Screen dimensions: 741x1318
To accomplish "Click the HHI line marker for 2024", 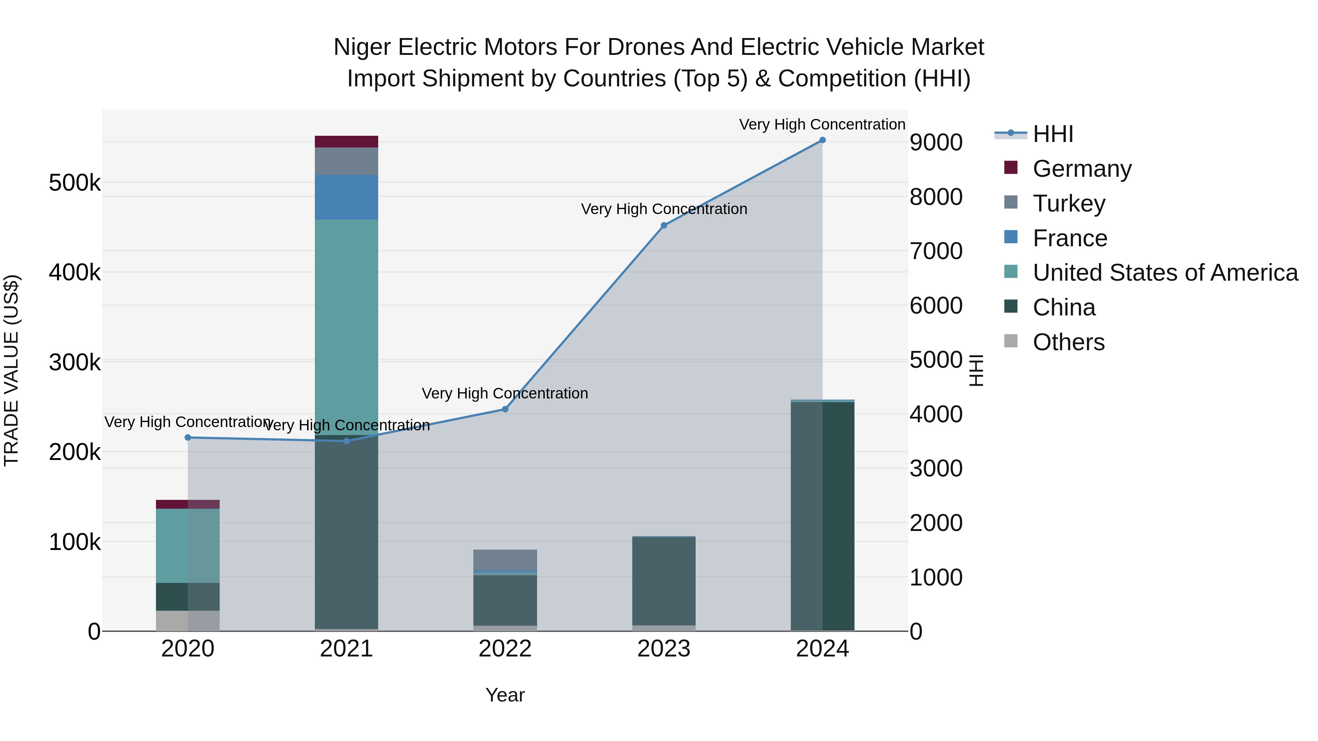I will (x=822, y=140).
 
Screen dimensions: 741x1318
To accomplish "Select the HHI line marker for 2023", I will (x=664, y=225).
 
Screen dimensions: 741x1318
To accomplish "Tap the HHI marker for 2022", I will (x=505, y=409).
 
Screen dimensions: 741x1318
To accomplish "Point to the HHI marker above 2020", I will (x=188, y=438).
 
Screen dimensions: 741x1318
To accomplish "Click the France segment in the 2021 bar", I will (x=346, y=197).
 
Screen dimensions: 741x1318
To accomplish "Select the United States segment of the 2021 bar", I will (x=346, y=327).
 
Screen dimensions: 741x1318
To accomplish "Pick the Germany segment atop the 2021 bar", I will (x=346, y=142).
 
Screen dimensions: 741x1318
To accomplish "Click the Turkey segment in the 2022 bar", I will (x=505, y=560).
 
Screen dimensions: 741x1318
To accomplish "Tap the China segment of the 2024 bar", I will (x=822, y=516).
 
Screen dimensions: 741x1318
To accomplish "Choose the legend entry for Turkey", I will (x=1068, y=203).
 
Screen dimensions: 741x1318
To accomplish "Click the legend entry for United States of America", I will (x=1165, y=273).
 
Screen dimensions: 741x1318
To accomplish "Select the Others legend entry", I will (x=1068, y=342).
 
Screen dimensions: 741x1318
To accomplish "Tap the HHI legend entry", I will (x=1053, y=134).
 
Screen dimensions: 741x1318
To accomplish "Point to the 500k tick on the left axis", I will (x=75, y=183).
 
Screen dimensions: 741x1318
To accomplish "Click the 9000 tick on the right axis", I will (x=936, y=142).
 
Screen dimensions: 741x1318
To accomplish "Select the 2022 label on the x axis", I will (x=505, y=649).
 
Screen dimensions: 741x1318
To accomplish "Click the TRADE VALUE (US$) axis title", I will (x=11, y=370).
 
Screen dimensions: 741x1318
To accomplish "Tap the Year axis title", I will (x=505, y=695).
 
